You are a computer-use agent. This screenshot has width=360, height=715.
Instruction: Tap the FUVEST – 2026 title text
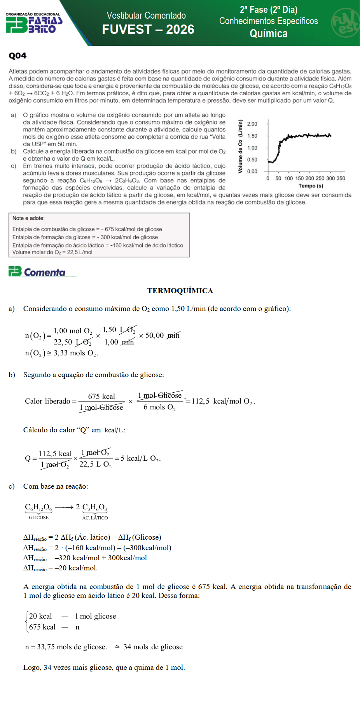coord(148,30)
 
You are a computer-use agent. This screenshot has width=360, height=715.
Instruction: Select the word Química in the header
coord(269,34)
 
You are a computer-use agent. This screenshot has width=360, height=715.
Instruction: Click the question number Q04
coord(17,56)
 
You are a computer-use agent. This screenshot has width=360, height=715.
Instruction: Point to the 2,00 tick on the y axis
coord(252,124)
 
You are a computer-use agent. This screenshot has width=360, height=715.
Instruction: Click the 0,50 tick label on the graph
coord(252,160)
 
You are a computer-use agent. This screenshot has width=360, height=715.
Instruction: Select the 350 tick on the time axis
coord(341,178)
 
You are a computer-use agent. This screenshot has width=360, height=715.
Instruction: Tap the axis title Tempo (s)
coord(311,186)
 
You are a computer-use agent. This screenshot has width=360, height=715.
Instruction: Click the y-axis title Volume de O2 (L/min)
coord(240,147)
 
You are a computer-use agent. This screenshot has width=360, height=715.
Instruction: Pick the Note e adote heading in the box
coord(28,218)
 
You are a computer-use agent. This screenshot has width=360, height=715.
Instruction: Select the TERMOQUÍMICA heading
coord(180,291)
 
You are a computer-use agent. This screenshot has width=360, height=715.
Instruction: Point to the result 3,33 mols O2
coord(76,353)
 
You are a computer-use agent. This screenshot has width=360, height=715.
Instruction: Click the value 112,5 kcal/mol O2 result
coord(223,401)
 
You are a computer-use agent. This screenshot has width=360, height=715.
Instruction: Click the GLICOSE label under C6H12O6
coord(38,517)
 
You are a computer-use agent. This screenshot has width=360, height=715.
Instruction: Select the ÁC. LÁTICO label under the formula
coord(95,517)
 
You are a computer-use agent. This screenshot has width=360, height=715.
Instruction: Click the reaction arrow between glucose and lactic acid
coord(64,507)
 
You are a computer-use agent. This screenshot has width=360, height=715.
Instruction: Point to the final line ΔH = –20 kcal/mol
coord(60,568)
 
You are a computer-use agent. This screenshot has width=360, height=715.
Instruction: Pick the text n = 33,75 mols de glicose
coord(66,647)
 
